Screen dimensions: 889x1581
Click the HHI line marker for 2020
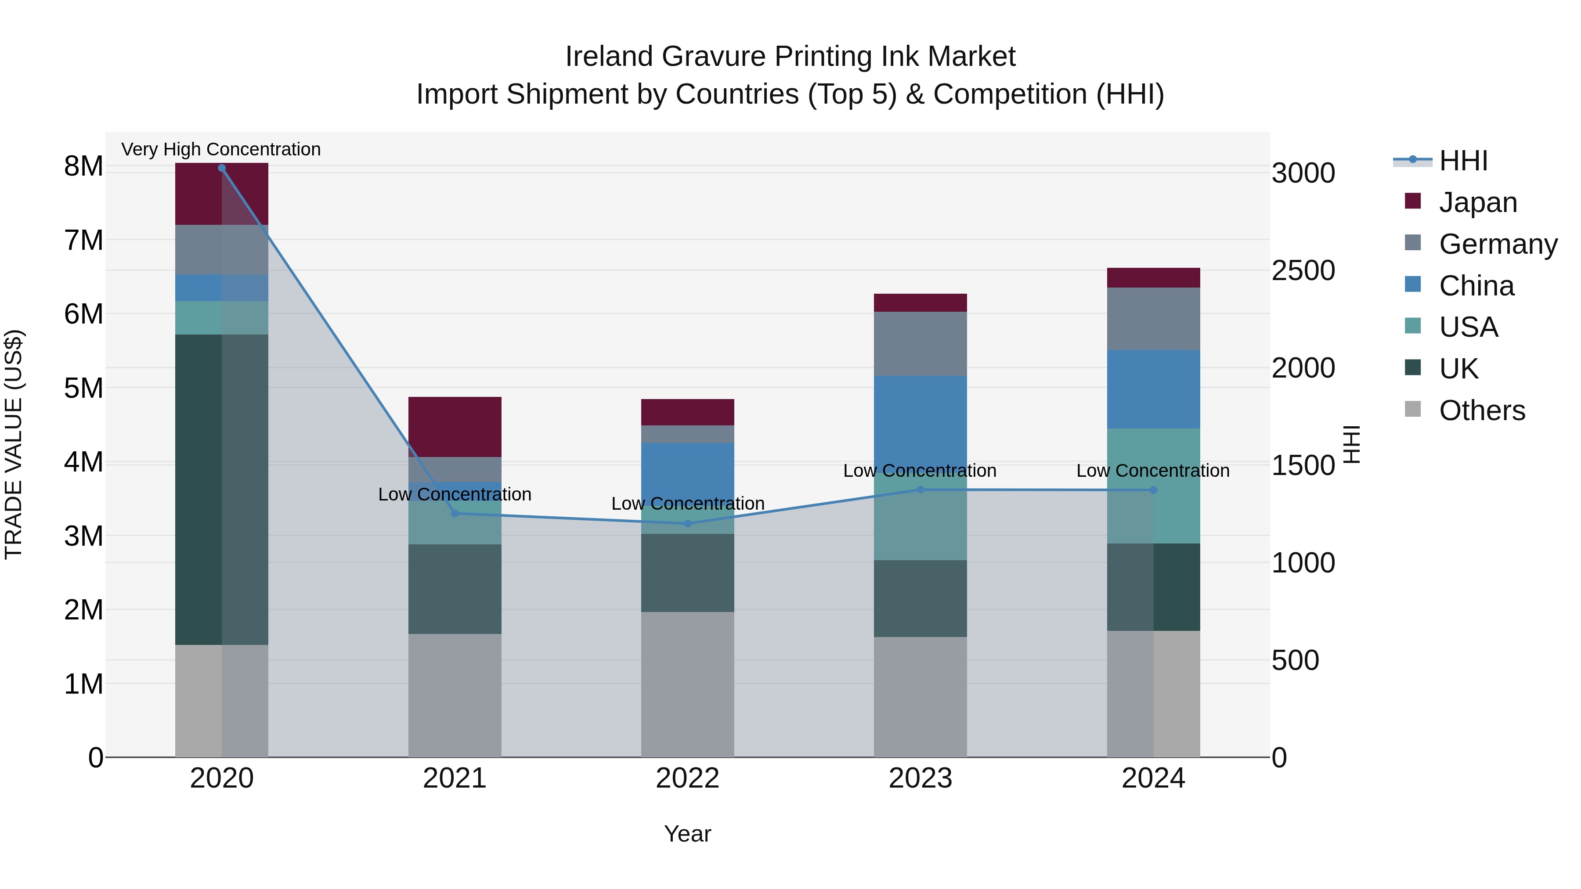click(222, 168)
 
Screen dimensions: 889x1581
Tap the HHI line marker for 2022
click(687, 523)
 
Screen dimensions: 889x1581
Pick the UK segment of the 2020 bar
click(222, 489)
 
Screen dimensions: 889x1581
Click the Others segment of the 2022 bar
click(687, 684)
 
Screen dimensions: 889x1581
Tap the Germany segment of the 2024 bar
click(1153, 319)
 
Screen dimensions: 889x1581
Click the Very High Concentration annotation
click(221, 149)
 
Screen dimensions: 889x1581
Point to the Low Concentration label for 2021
click(455, 494)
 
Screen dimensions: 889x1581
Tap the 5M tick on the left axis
click(83, 388)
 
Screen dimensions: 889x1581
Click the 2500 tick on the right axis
click(1303, 270)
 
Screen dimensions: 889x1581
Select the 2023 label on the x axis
click(920, 778)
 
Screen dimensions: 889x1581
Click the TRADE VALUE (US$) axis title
click(14, 444)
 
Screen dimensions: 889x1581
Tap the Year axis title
click(687, 834)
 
